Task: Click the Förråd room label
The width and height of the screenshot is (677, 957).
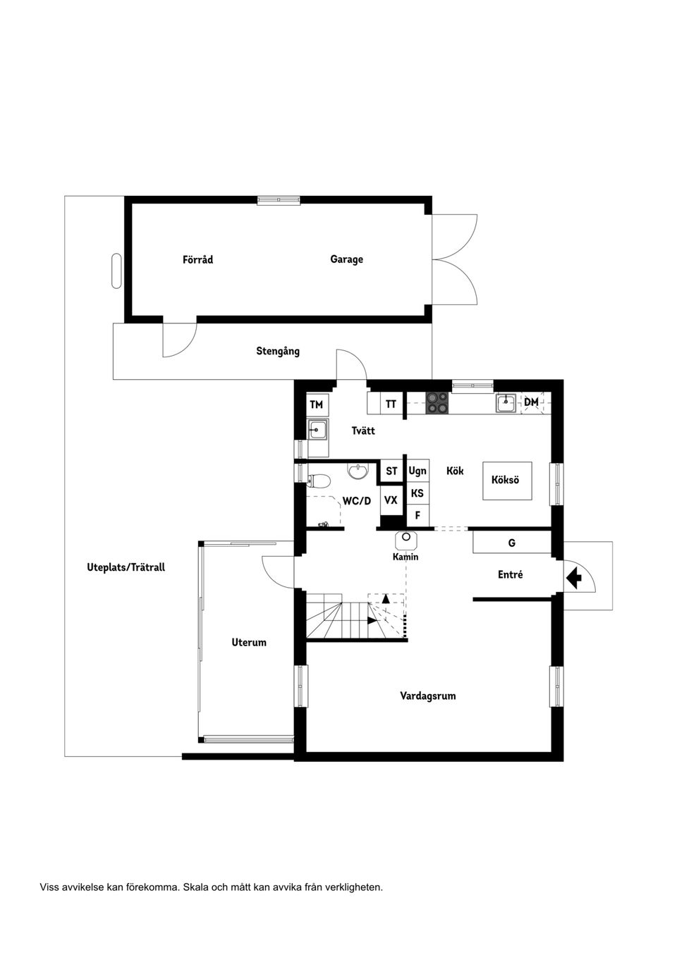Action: (197, 259)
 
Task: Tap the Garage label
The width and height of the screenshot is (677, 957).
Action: (346, 259)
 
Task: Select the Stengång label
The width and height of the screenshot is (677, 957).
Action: (277, 351)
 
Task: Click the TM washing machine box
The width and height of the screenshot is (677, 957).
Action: (317, 405)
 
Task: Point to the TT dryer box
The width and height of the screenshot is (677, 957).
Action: (391, 405)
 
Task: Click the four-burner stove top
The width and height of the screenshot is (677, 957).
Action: (437, 403)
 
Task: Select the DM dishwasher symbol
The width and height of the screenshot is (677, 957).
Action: (532, 402)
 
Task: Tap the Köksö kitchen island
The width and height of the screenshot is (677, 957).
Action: (506, 481)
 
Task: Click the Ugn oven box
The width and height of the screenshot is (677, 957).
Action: (417, 471)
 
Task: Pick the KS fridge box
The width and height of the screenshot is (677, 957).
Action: (417, 493)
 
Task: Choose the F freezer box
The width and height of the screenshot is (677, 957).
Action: (417, 516)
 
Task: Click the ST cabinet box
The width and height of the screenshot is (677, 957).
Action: (391, 471)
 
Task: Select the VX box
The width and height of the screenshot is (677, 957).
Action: (391, 500)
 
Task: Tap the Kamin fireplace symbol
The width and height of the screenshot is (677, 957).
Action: (405, 539)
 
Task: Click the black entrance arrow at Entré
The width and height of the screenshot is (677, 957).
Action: (573, 579)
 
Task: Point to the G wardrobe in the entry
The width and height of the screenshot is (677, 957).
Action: (511, 543)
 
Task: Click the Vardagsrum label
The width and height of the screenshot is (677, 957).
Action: (427, 696)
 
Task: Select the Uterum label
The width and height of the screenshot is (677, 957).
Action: (249, 642)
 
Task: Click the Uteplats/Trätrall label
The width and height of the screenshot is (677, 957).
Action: (126, 567)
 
